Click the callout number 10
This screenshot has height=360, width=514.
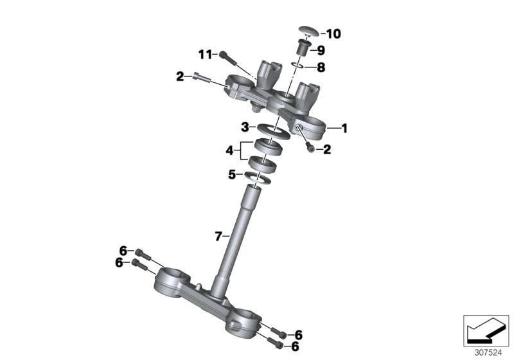[x=333, y=34]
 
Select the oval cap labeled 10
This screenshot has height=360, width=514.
[x=309, y=31]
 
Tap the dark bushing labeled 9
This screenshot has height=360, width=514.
[x=304, y=48]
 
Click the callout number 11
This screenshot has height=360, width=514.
[x=206, y=55]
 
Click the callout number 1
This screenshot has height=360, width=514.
[x=344, y=128]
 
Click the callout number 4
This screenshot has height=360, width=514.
[x=229, y=151]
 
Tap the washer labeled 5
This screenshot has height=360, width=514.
[x=258, y=177]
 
